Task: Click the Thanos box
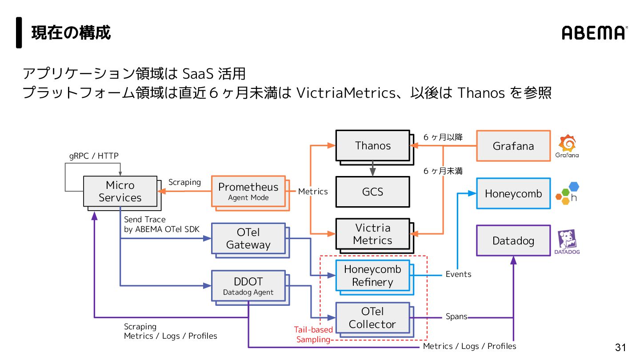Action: click(372, 145)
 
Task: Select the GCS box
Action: click(372, 192)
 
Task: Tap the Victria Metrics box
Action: click(372, 234)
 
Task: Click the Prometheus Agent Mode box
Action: click(248, 191)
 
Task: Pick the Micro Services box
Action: click(120, 191)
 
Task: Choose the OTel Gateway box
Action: click(248, 238)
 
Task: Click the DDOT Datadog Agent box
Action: click(248, 286)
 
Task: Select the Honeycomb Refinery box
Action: click(372, 276)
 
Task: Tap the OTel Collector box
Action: click(372, 318)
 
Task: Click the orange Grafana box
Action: click(513, 146)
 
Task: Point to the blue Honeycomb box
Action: click(513, 194)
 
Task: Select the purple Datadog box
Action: click(513, 240)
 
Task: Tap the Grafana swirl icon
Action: click(568, 144)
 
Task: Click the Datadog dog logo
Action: click(567, 240)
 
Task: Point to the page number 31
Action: click(620, 347)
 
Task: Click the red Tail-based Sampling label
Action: click(313, 335)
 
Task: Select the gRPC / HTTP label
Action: click(94, 156)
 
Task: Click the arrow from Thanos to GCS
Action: click(372, 169)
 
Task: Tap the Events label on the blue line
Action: click(458, 274)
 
